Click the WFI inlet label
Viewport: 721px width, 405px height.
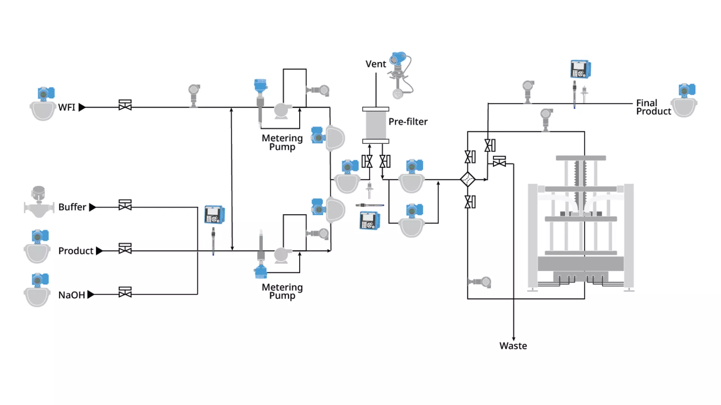tap(67, 108)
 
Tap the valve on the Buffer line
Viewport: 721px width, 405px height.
tap(125, 205)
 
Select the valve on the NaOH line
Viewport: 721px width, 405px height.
tap(125, 292)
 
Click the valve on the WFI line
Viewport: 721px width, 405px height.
tap(125, 105)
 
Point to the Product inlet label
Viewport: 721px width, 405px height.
tap(76, 251)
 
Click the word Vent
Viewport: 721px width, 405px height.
tap(376, 64)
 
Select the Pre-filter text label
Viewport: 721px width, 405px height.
tap(408, 122)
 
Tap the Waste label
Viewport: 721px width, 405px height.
tap(513, 346)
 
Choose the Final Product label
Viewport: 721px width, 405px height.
tap(653, 107)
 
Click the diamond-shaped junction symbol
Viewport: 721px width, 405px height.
tap(468, 180)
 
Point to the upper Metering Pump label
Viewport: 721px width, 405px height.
tap(282, 142)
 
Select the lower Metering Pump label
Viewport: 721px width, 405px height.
tap(282, 291)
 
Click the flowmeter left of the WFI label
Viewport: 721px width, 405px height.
tap(42, 104)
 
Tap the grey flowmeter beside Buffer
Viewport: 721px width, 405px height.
tap(38, 202)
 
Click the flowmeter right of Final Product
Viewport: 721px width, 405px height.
tap(685, 100)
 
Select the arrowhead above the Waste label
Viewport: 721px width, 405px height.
tap(514, 339)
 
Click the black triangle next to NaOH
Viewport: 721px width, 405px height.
tap(91, 295)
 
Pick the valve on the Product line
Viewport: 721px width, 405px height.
tap(125, 249)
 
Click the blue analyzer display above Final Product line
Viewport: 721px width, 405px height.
tap(581, 69)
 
